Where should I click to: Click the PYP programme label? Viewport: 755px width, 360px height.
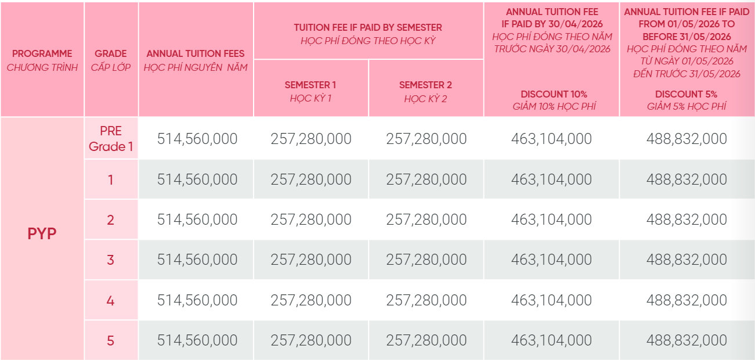point(42,233)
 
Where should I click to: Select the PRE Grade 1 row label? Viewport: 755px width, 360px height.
point(111,139)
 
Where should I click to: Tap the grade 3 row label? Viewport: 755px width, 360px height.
point(111,260)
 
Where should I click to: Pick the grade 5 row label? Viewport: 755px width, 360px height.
point(111,340)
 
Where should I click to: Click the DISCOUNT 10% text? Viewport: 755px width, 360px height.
point(554,94)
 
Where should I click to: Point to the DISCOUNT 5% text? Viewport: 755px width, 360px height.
point(687,94)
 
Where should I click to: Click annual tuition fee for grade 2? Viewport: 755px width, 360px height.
point(197,219)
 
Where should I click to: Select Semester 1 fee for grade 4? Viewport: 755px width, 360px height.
point(311,300)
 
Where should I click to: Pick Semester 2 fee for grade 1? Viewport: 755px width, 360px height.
point(427,179)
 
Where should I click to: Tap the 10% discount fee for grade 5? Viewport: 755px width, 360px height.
point(551,340)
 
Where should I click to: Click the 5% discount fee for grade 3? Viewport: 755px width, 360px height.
point(687,260)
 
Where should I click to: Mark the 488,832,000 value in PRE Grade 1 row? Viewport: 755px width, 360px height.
point(687,139)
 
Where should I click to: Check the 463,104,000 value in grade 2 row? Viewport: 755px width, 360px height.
point(551,219)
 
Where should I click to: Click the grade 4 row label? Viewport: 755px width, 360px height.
point(111,300)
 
